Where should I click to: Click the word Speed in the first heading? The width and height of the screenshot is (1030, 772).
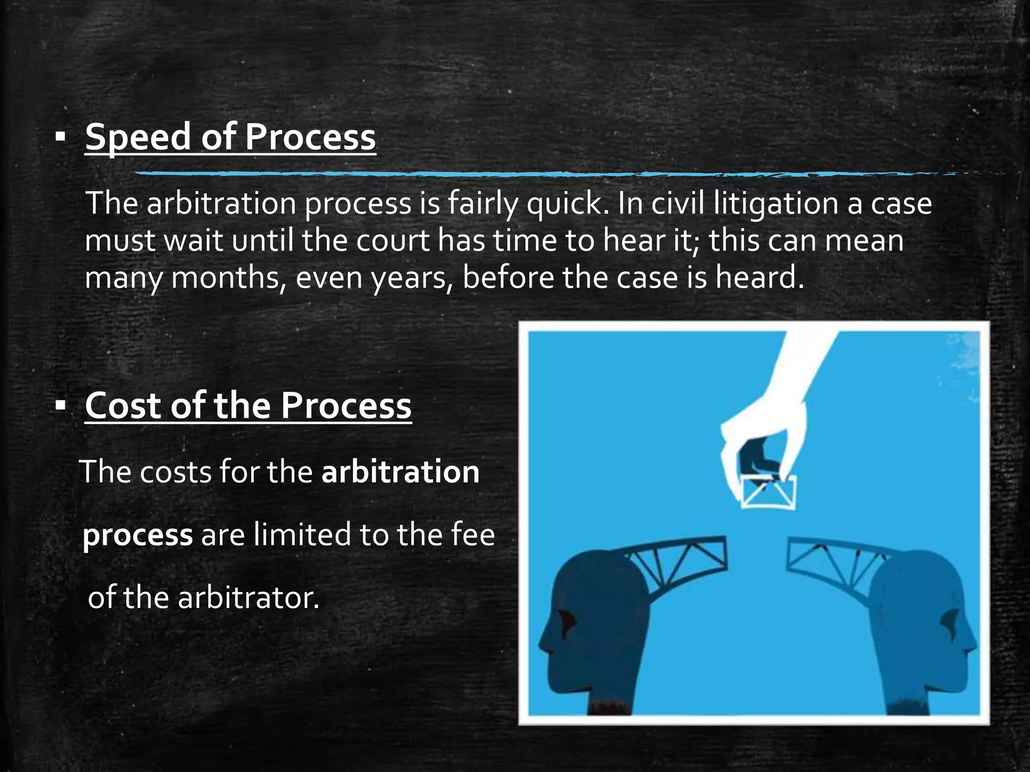pyautogui.click(x=137, y=137)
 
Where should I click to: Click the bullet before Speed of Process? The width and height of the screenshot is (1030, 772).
pyautogui.click(x=61, y=137)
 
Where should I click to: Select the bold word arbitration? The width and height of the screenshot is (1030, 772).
pyautogui.click(x=400, y=472)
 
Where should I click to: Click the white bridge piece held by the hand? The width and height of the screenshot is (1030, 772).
pyautogui.click(x=768, y=492)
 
